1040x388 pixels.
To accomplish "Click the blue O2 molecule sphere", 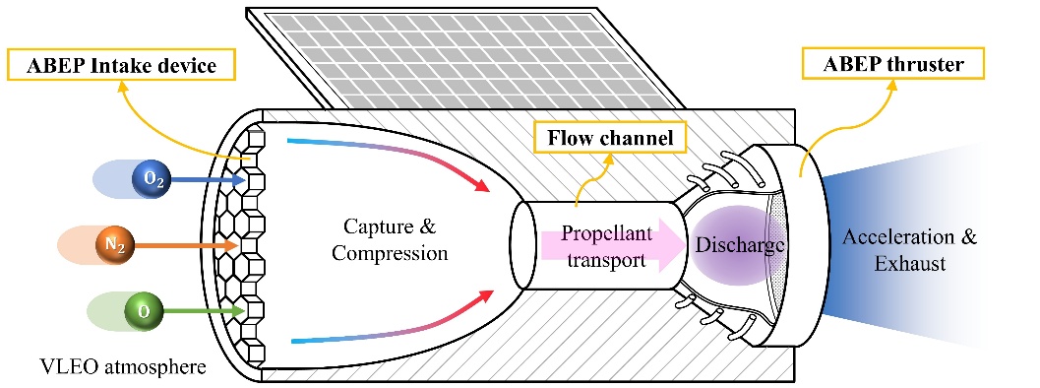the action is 152,180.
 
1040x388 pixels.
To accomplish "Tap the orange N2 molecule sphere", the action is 115,246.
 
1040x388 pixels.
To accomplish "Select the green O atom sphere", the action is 144,311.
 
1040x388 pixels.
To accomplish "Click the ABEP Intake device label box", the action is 121,66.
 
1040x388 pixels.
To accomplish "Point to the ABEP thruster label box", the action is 892,64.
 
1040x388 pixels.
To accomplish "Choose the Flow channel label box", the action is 610,138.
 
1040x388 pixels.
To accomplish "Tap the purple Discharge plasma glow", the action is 735,245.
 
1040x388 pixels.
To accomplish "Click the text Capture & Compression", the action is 390,239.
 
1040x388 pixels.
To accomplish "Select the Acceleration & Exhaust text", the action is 909,250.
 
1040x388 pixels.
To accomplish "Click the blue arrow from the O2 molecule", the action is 202,179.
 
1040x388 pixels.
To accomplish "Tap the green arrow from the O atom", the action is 204,310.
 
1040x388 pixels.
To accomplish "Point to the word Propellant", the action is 606,233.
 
